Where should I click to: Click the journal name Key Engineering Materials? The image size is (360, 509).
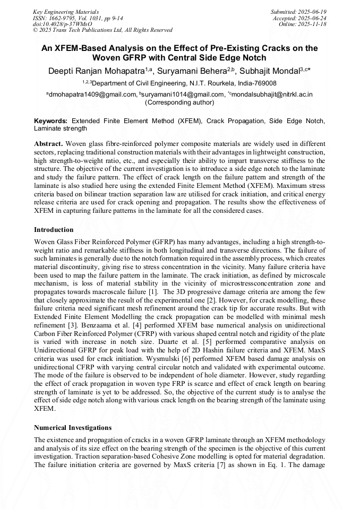click(66, 12)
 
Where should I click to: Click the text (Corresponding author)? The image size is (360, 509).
click(179, 102)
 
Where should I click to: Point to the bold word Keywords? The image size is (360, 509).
click(51, 121)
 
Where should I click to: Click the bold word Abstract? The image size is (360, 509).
click(48, 144)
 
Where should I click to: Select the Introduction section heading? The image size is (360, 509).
click(54, 230)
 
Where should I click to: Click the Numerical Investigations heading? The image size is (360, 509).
click(73, 427)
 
